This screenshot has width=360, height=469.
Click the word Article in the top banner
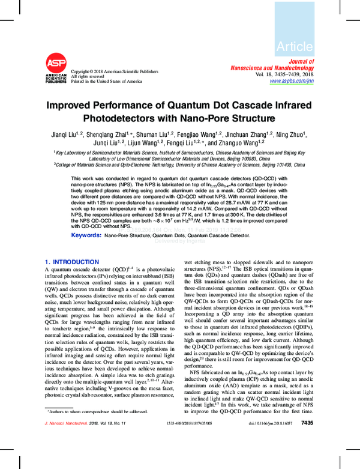[295, 46]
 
